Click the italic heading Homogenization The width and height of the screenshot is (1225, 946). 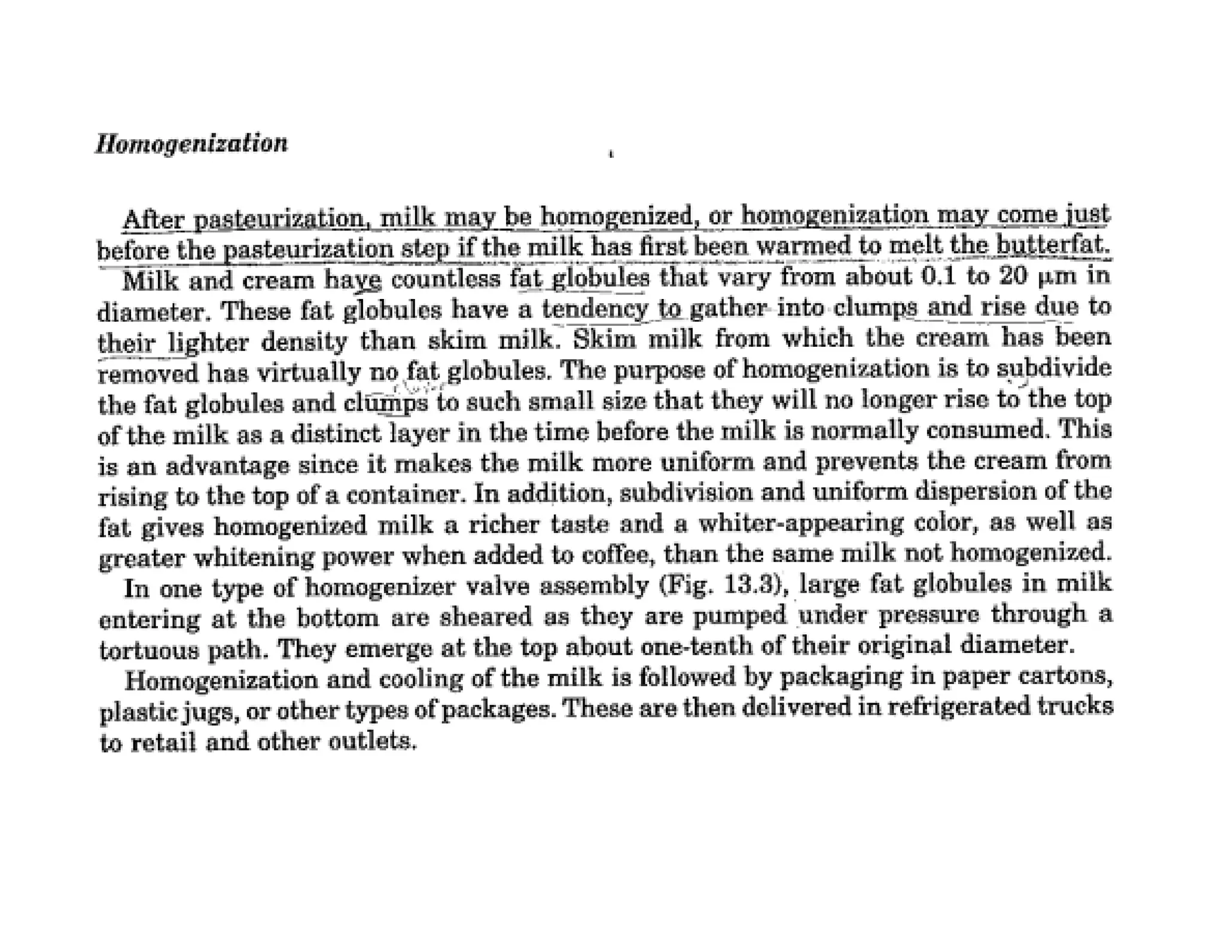pos(191,144)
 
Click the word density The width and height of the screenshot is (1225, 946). pos(304,342)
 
